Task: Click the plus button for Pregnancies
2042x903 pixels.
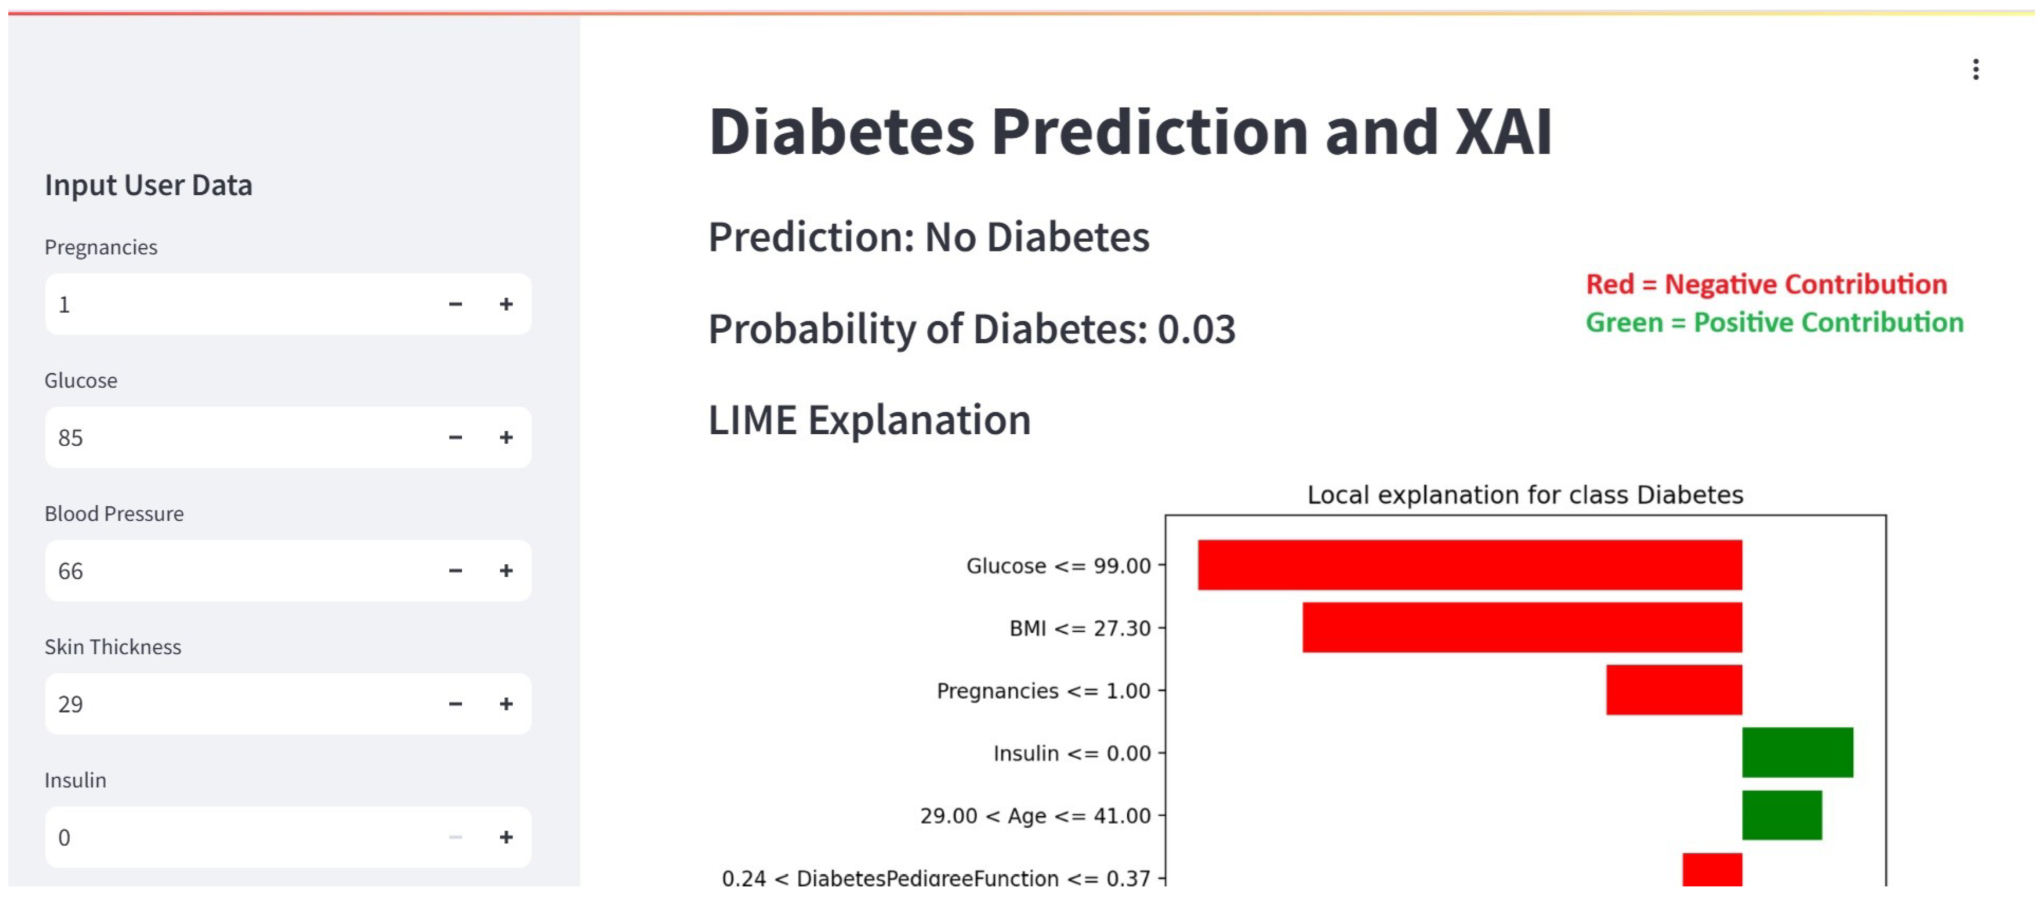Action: pos(506,305)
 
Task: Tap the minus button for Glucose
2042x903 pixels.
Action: pos(455,437)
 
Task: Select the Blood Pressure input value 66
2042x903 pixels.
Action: pos(71,571)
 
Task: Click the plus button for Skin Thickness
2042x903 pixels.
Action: pos(506,704)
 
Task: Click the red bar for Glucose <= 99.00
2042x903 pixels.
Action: pos(1469,565)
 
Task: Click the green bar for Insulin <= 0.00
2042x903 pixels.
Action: pos(1797,753)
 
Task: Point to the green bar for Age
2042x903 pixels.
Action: pos(1781,815)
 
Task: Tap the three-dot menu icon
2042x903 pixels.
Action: pos(1976,70)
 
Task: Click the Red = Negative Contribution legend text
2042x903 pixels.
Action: pos(1766,284)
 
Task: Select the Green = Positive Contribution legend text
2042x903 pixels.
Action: pos(1774,323)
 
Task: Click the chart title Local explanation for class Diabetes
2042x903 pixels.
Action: pos(1524,495)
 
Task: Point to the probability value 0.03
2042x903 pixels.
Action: pos(1196,329)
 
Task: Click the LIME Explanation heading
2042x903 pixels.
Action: pos(870,420)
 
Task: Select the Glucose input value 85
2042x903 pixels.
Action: pos(71,437)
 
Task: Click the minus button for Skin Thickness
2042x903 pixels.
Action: pos(455,704)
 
